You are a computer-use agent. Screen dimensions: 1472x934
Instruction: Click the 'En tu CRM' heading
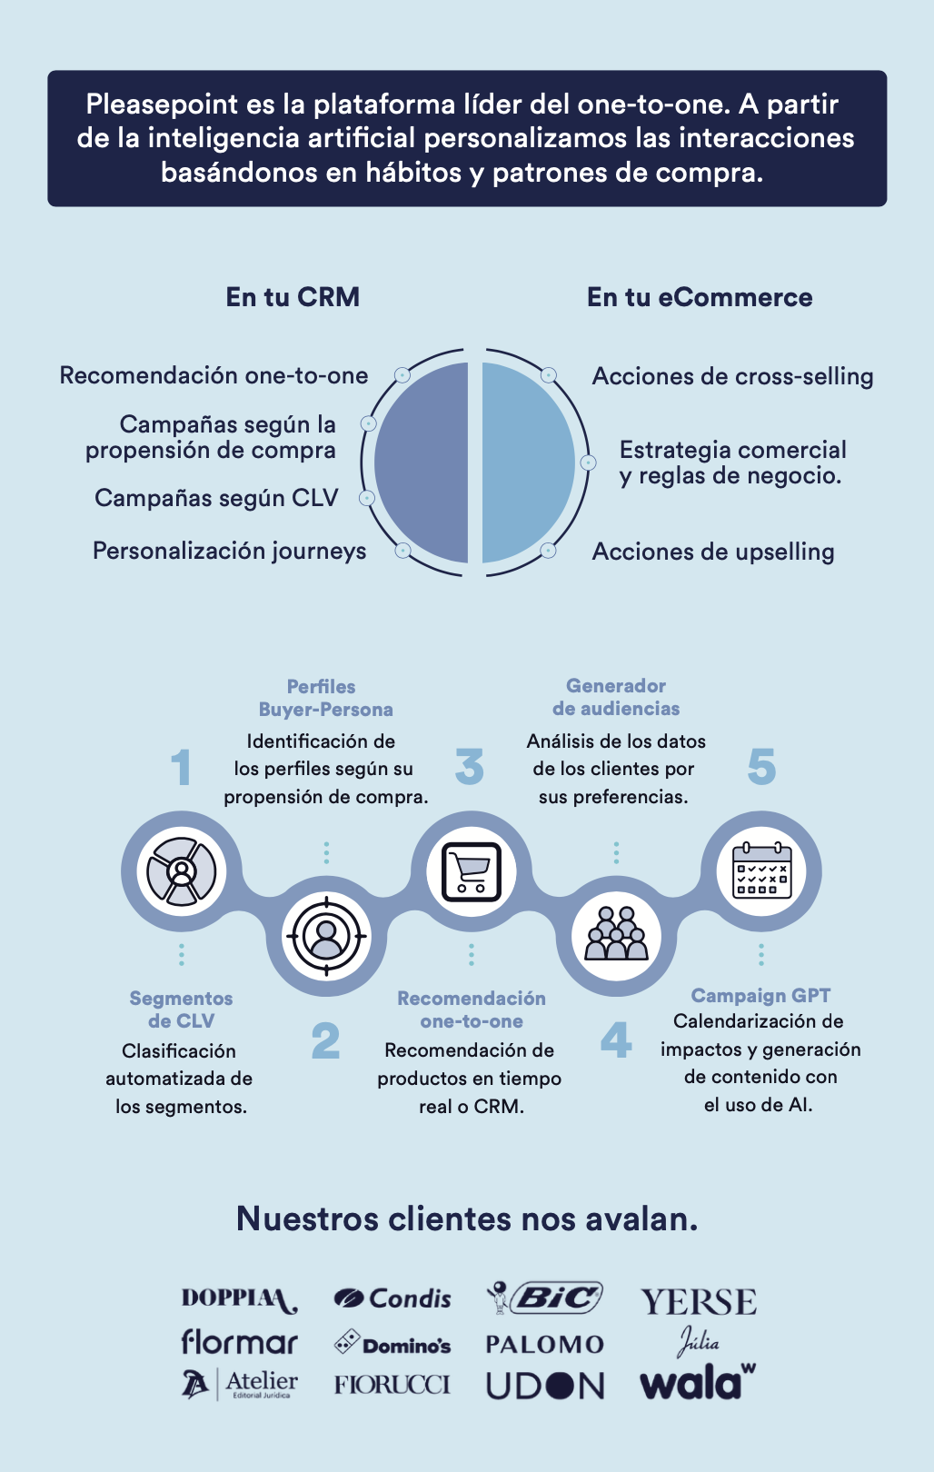click(293, 297)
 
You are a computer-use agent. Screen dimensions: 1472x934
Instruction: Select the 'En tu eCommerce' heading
click(700, 297)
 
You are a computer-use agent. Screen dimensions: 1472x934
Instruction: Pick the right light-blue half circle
click(527, 462)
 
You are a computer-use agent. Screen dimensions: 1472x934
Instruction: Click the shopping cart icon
click(471, 871)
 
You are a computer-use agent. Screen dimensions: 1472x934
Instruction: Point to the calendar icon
click(761, 871)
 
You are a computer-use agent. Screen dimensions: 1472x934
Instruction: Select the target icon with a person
click(325, 935)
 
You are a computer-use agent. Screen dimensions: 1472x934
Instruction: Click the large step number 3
click(470, 768)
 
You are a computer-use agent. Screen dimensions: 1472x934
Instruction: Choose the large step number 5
click(761, 768)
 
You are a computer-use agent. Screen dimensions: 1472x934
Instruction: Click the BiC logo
click(546, 1298)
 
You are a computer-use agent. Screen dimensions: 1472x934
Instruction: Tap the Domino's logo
click(392, 1343)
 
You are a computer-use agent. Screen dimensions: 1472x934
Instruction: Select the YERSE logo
click(698, 1302)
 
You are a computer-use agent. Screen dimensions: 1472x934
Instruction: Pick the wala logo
click(697, 1383)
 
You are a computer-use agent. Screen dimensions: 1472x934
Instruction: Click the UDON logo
click(545, 1386)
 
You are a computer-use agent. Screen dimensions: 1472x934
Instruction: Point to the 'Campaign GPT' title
click(760, 996)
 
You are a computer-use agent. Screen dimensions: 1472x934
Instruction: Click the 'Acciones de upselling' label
click(713, 552)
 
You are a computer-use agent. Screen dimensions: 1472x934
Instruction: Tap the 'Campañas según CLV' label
click(216, 498)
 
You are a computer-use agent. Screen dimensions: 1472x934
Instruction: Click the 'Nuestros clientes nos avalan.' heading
click(467, 1218)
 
